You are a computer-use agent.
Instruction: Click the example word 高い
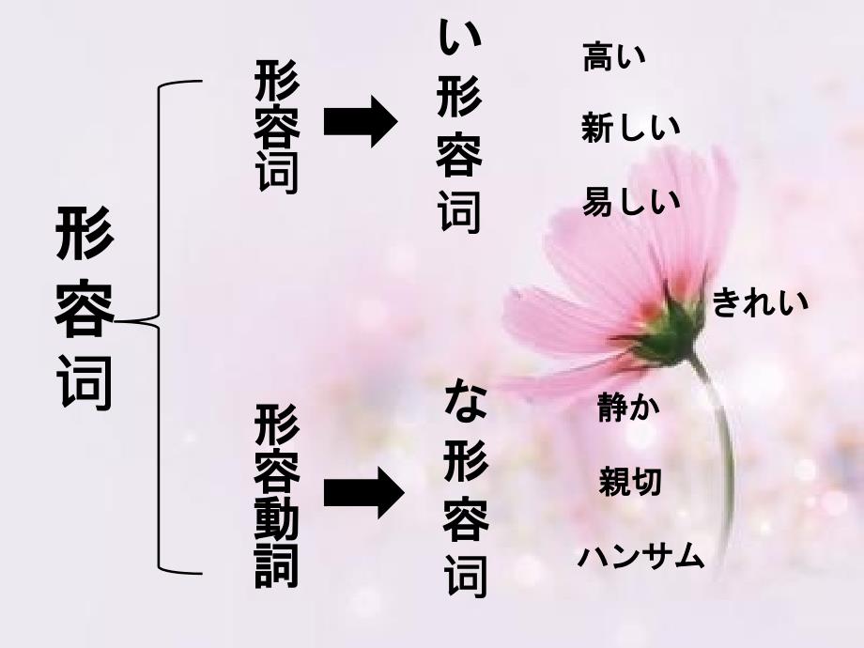tap(614, 58)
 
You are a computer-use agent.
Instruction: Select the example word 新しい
tap(629, 128)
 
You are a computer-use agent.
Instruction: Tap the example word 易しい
tap(629, 200)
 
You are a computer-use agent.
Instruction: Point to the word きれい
tap(759, 303)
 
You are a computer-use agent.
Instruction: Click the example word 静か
tap(628, 408)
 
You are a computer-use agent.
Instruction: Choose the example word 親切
tap(629, 483)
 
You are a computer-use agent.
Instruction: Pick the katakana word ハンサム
tap(640, 556)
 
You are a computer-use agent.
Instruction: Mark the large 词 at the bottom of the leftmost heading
tap(85, 378)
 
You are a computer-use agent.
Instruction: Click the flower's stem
tap(724, 451)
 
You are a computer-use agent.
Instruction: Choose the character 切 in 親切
tap(645, 483)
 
